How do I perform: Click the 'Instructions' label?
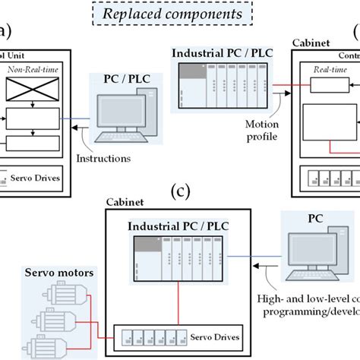click(103, 159)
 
